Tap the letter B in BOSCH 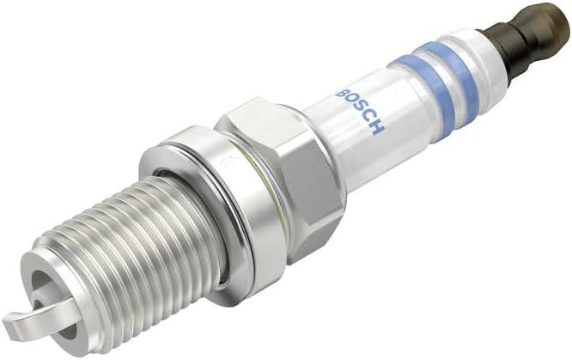343,92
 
